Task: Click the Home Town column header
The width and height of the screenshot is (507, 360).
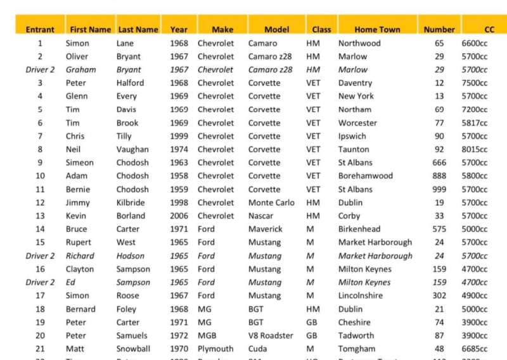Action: [377, 29]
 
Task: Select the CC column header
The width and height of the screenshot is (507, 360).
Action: [489, 29]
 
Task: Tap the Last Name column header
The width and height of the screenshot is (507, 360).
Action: [138, 29]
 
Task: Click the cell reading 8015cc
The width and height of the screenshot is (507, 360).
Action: [474, 150]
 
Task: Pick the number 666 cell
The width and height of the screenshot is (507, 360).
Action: [439, 163]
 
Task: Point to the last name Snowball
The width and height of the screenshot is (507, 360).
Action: [133, 349]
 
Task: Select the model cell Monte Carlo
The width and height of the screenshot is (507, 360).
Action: [271, 203]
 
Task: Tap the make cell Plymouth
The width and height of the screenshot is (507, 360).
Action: [215, 349]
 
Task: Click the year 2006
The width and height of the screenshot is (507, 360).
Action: [179, 216]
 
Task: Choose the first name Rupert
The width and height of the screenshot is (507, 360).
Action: [79, 242]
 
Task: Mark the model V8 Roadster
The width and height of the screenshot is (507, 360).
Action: [271, 335]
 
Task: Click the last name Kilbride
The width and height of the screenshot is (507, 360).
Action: [130, 203]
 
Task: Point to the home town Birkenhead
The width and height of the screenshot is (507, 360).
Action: [359, 229]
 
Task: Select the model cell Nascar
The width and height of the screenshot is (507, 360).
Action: [261, 216]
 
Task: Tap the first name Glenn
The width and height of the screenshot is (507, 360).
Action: [77, 96]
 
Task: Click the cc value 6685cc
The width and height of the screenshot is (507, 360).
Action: [474, 349]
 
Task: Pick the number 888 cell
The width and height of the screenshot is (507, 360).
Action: [439, 176]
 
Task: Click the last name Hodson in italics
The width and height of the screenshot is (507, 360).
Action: [131, 256]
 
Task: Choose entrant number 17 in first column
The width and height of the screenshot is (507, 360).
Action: [40, 295]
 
